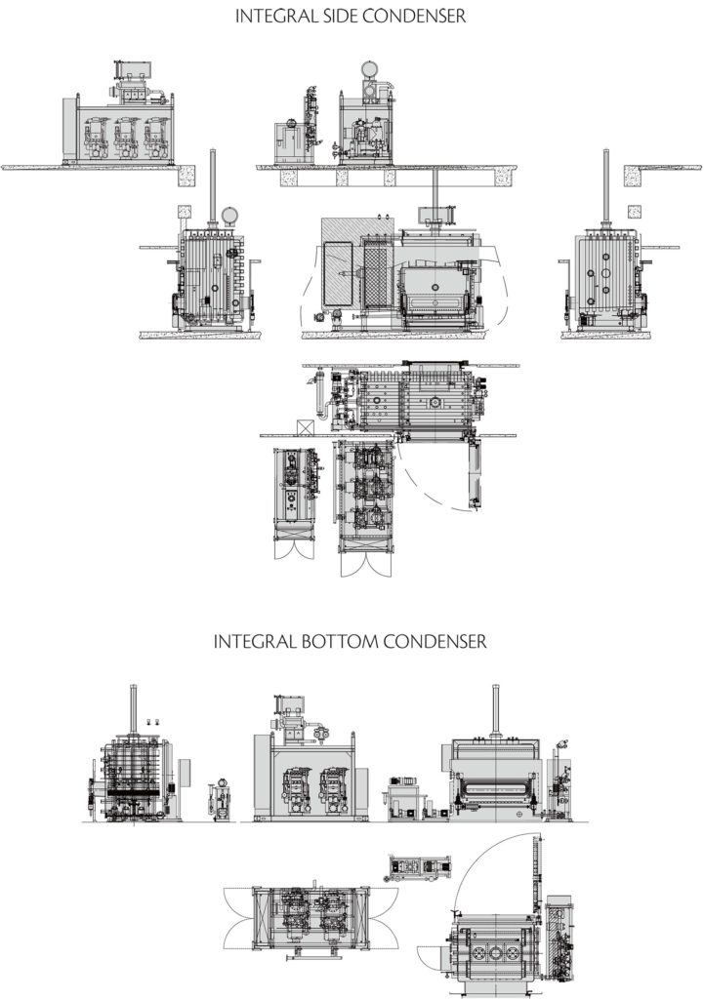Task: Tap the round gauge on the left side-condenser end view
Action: (x=229, y=215)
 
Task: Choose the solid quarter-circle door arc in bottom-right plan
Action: (x=488, y=859)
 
